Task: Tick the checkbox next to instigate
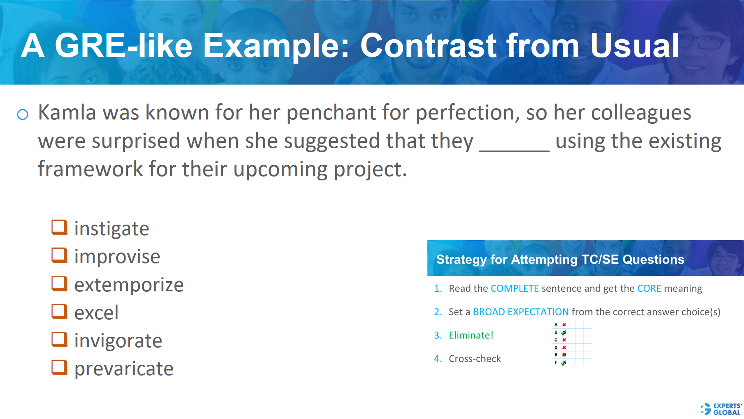click(59, 227)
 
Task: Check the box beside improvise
click(59, 255)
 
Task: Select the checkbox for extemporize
click(59, 284)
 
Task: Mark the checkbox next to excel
click(59, 312)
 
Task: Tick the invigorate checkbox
click(59, 339)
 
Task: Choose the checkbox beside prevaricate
click(59, 367)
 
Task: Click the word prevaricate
click(124, 369)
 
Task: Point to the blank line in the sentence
click(514, 149)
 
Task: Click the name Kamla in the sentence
click(67, 113)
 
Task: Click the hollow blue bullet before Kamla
click(23, 114)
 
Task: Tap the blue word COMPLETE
click(515, 289)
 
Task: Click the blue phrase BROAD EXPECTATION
click(521, 312)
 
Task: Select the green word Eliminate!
click(471, 335)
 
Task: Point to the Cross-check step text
click(475, 358)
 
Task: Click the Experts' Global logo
click(721, 409)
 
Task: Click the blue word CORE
click(649, 289)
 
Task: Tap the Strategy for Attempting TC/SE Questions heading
click(560, 259)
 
